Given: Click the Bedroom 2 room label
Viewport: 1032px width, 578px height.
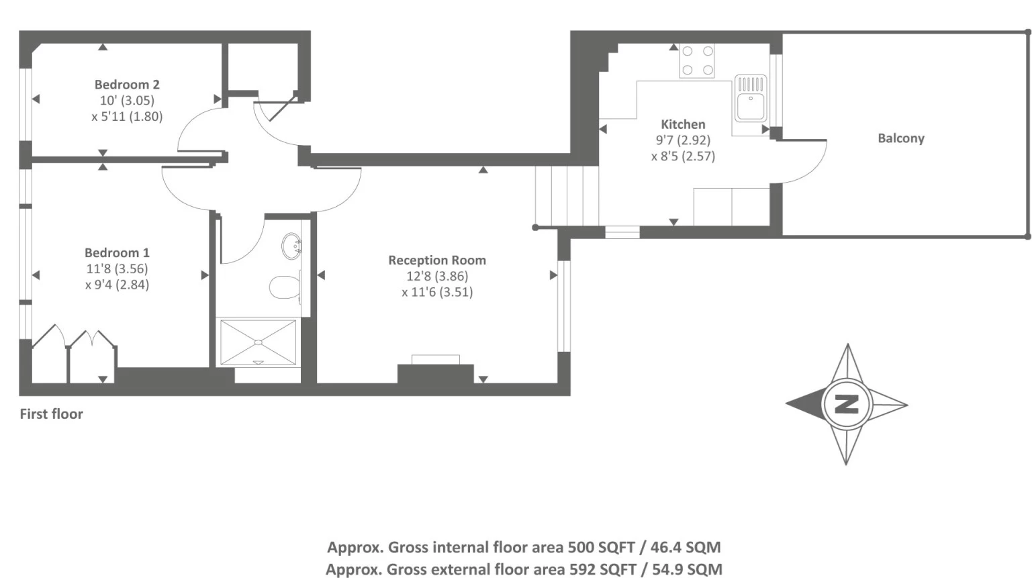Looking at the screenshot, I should (x=127, y=85).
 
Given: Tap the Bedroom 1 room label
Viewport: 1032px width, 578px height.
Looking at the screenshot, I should (x=117, y=253).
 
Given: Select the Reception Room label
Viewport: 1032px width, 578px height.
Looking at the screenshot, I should (x=437, y=260).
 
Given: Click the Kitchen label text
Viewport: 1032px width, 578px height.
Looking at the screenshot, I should (x=683, y=124).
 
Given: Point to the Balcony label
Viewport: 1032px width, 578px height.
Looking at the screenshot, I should (x=901, y=138).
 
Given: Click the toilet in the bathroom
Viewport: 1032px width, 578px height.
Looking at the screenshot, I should (x=285, y=287).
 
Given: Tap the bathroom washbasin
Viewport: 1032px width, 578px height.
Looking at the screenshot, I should (x=291, y=246).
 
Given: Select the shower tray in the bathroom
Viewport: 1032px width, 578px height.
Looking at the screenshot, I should (x=259, y=342).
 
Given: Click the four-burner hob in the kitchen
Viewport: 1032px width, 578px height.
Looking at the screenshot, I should (x=697, y=60).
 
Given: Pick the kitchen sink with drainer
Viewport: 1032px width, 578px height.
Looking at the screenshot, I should (x=751, y=99).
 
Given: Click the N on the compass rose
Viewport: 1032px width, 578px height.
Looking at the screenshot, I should (x=846, y=404).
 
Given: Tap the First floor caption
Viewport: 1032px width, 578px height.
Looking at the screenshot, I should (x=51, y=414).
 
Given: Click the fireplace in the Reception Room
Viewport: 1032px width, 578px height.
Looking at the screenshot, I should (x=436, y=371).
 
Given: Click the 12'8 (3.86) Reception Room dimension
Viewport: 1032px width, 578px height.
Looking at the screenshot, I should (x=437, y=276).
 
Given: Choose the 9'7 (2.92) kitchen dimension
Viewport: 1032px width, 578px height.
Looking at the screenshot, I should (x=683, y=140).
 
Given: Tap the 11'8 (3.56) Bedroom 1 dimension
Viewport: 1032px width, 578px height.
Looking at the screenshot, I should (x=117, y=269).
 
